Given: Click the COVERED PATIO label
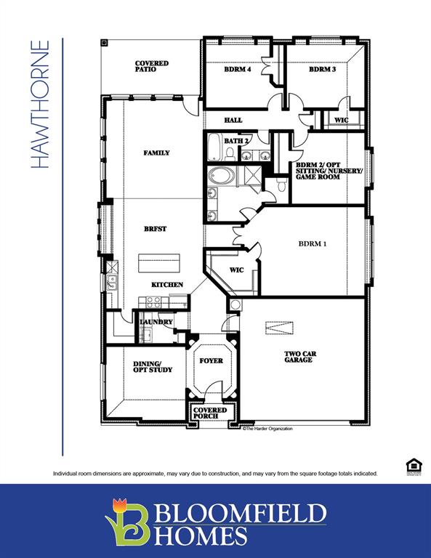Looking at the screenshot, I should coord(151,67).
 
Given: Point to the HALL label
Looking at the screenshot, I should coord(233,120).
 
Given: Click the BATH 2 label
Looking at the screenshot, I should coord(237,140).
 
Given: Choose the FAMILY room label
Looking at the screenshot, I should coord(156,153).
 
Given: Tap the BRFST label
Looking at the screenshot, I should coord(155,229).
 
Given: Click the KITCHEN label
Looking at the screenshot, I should coord(167,284).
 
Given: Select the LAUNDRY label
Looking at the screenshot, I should coord(156,321).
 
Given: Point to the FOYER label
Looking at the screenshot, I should coord(211,360).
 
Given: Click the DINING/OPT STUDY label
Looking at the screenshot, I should coord(153,366).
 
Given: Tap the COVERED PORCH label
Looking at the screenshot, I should coord(209,413).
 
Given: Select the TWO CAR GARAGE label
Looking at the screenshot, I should coord(298,357).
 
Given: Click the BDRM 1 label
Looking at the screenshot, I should coord(313,244).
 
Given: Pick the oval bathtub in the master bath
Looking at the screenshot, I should coord(222,176).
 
